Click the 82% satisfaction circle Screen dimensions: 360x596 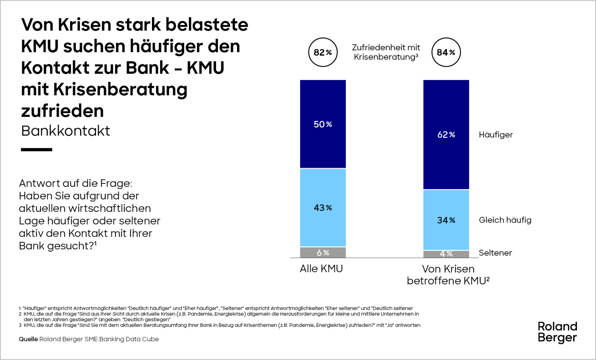(x=323, y=52)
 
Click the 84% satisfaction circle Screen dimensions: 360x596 (x=446, y=52)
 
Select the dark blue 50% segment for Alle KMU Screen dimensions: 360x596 (x=323, y=124)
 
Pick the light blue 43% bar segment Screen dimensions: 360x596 (x=323, y=207)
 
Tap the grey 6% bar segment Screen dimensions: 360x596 (x=323, y=252)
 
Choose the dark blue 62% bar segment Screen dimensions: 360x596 (x=446, y=134)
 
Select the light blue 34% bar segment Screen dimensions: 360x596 (x=446, y=220)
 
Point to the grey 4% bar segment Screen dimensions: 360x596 (x=446, y=254)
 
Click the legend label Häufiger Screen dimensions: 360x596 (x=495, y=135)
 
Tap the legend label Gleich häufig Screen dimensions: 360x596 (x=505, y=220)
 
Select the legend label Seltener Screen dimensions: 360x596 (x=495, y=253)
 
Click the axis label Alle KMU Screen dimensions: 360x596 (x=321, y=268)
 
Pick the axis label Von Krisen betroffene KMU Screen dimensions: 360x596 (x=448, y=275)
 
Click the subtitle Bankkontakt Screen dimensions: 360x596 (x=66, y=131)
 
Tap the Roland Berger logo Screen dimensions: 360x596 (x=557, y=332)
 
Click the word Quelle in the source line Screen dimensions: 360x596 (x=28, y=339)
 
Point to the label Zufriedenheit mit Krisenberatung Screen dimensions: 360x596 (x=386, y=52)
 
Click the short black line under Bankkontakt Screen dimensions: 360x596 (x=37, y=150)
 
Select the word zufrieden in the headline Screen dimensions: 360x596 (x=62, y=111)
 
